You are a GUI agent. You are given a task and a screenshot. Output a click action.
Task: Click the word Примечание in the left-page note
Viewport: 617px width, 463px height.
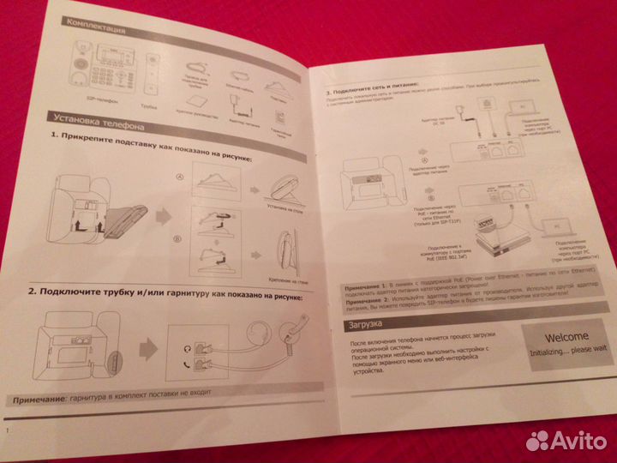pos(39,400)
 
